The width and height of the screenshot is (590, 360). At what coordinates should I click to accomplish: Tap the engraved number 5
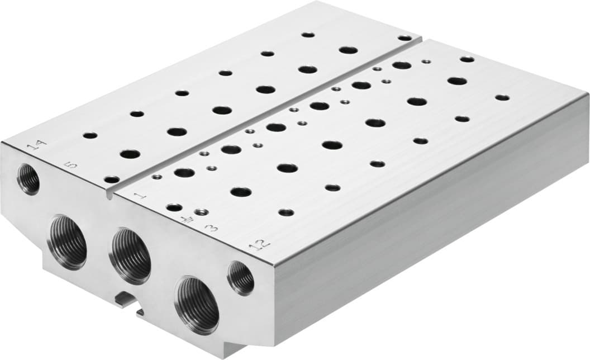[71, 165]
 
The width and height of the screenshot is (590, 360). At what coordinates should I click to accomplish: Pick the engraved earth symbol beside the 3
[183, 219]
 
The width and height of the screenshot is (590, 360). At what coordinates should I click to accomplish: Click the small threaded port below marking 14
[28, 179]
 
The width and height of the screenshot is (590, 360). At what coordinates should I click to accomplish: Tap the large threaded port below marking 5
[68, 243]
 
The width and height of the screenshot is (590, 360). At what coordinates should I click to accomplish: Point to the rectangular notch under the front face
[126, 300]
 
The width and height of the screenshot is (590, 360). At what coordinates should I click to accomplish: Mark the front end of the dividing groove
[110, 195]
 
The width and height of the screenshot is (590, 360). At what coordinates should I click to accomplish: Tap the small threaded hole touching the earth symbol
[201, 212]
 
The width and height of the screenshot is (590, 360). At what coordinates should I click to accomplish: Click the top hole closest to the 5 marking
[112, 179]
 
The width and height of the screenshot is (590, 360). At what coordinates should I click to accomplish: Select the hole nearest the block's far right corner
[502, 97]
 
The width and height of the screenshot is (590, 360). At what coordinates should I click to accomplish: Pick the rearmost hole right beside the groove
[405, 38]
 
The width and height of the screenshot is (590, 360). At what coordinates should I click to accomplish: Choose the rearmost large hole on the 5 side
[348, 50]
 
